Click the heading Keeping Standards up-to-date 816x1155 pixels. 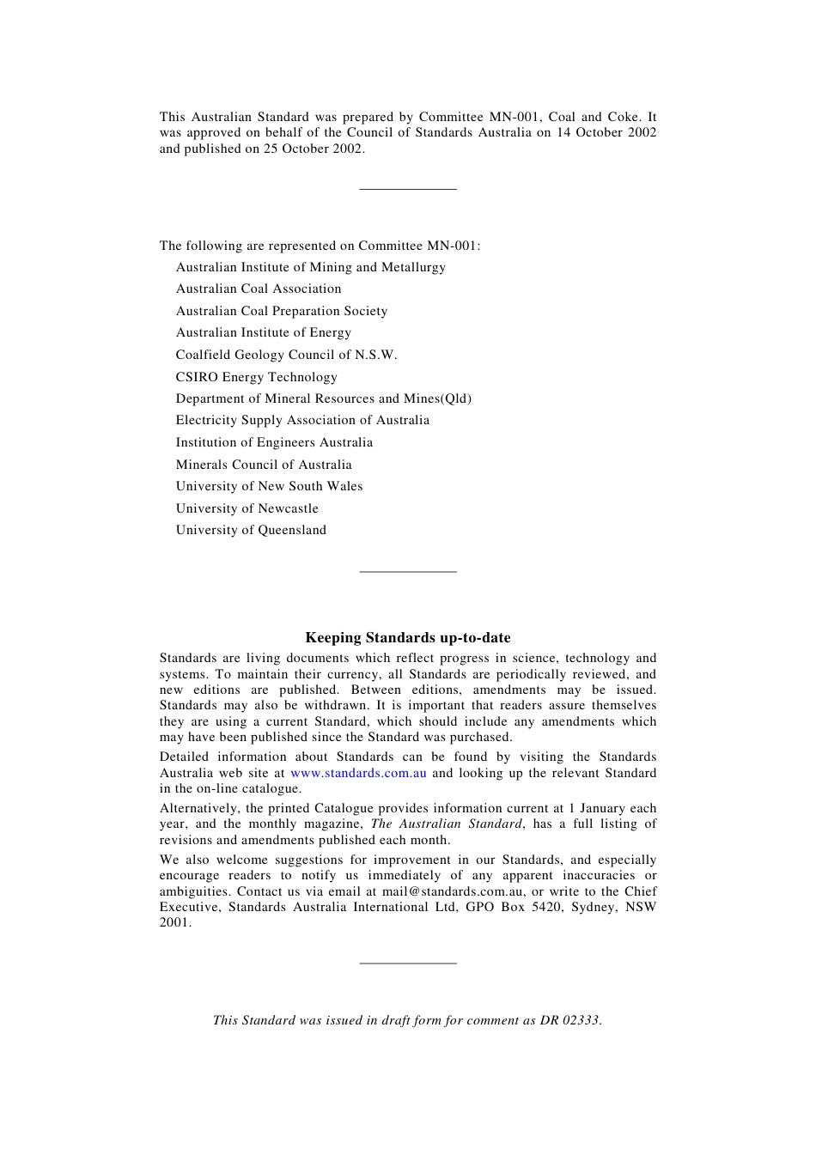click(408, 638)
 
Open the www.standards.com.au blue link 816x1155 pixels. click(358, 773)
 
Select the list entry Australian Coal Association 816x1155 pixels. click(259, 289)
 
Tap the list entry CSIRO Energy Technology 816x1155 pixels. click(256, 377)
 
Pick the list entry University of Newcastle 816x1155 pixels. click(247, 508)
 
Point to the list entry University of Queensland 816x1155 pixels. click(251, 531)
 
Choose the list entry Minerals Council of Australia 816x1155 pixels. click(264, 465)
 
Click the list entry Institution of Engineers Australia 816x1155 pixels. click(274, 443)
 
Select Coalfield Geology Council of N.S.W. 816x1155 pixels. click(286, 355)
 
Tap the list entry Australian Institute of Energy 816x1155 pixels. click(263, 333)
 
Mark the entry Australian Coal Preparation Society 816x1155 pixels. click(281, 311)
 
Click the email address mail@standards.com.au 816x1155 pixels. click(454, 891)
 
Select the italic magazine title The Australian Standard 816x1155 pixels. click(446, 824)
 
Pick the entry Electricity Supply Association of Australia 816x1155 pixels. click(302, 421)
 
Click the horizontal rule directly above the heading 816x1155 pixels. click(408, 571)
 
